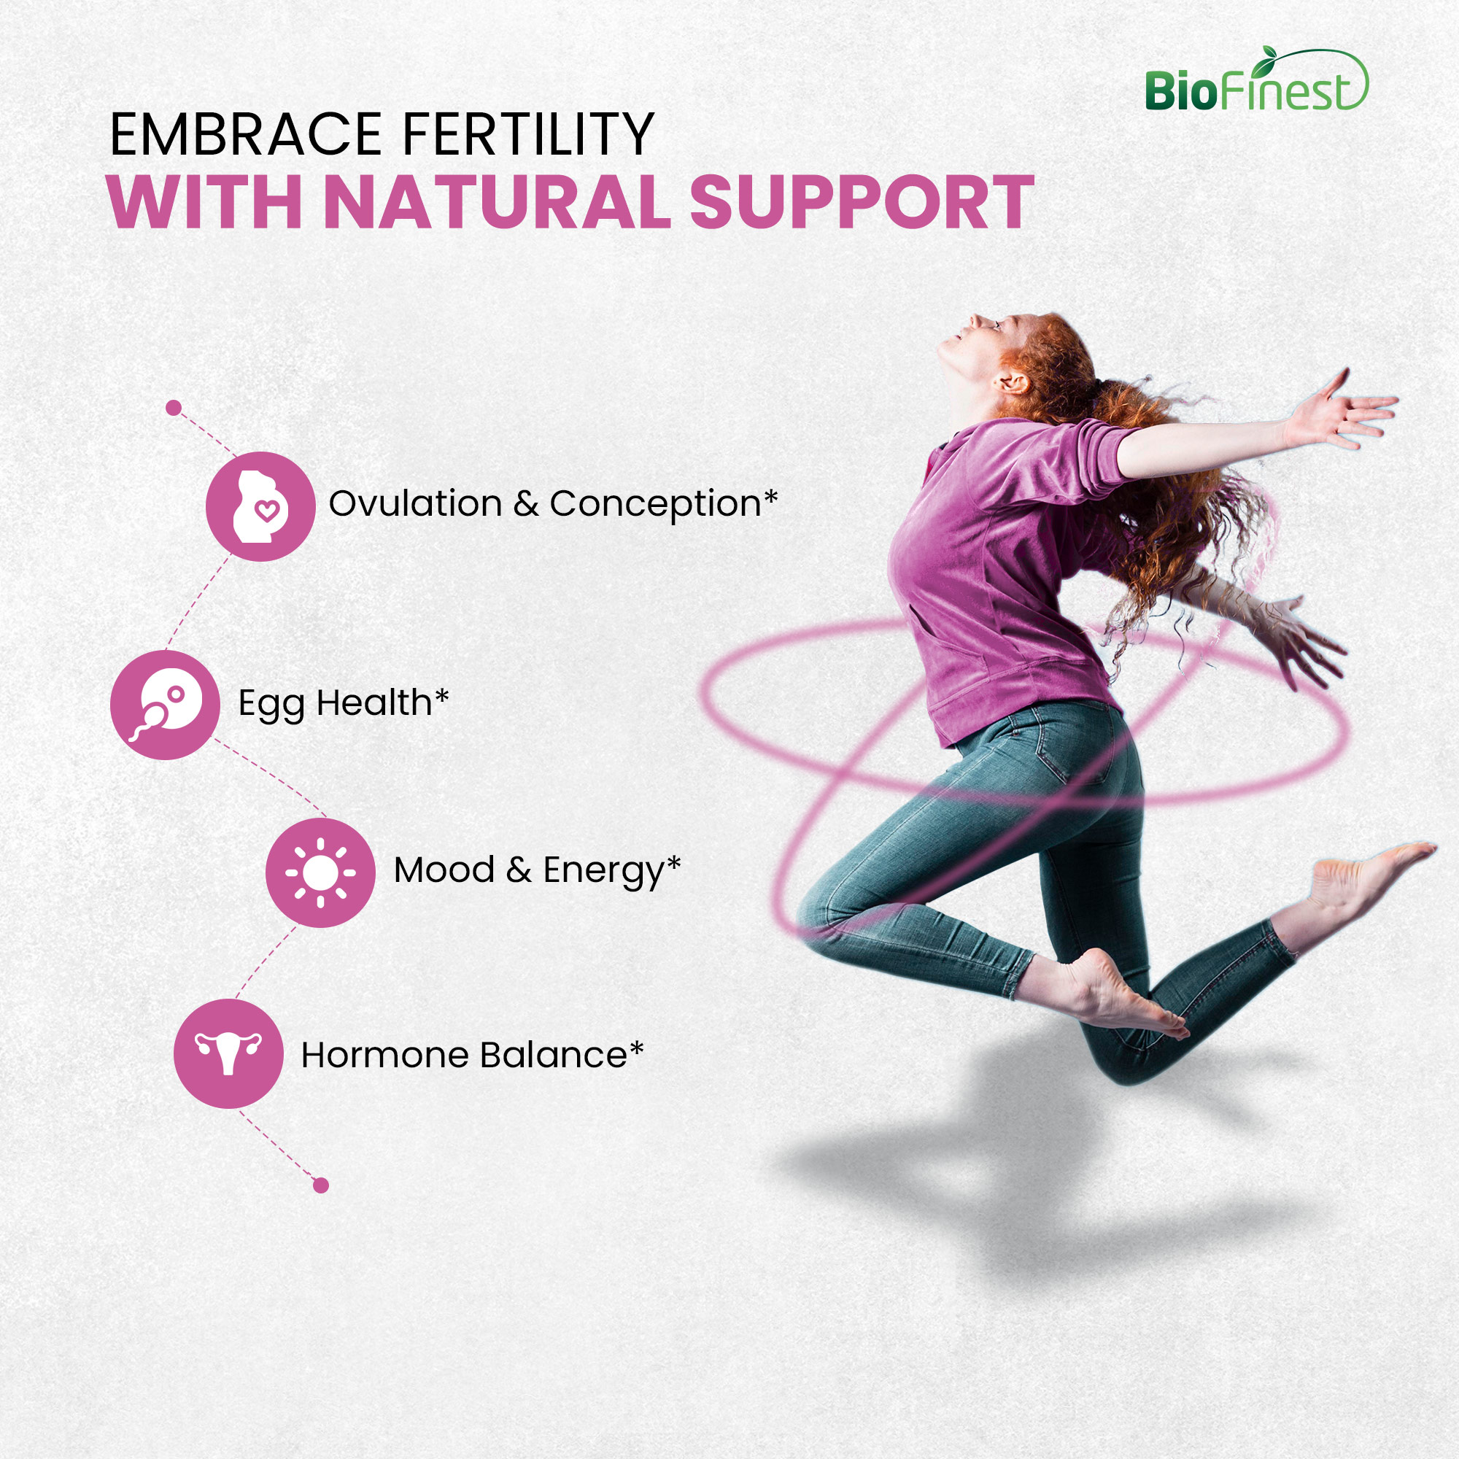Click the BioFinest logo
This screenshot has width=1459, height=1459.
click(1256, 80)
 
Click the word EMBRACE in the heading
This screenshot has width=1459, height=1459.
click(244, 134)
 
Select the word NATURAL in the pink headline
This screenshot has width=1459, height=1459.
click(497, 201)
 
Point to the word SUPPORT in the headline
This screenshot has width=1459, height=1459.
click(862, 201)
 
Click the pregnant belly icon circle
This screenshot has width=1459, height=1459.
click(260, 506)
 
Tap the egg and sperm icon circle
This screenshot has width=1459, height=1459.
click(166, 705)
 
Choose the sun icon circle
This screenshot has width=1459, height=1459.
click(320, 872)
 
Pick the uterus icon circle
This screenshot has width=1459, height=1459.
click(229, 1053)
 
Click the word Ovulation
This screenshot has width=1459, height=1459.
click(415, 503)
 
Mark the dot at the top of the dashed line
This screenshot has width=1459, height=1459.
click(174, 408)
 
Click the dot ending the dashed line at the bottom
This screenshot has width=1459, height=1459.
click(321, 1185)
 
